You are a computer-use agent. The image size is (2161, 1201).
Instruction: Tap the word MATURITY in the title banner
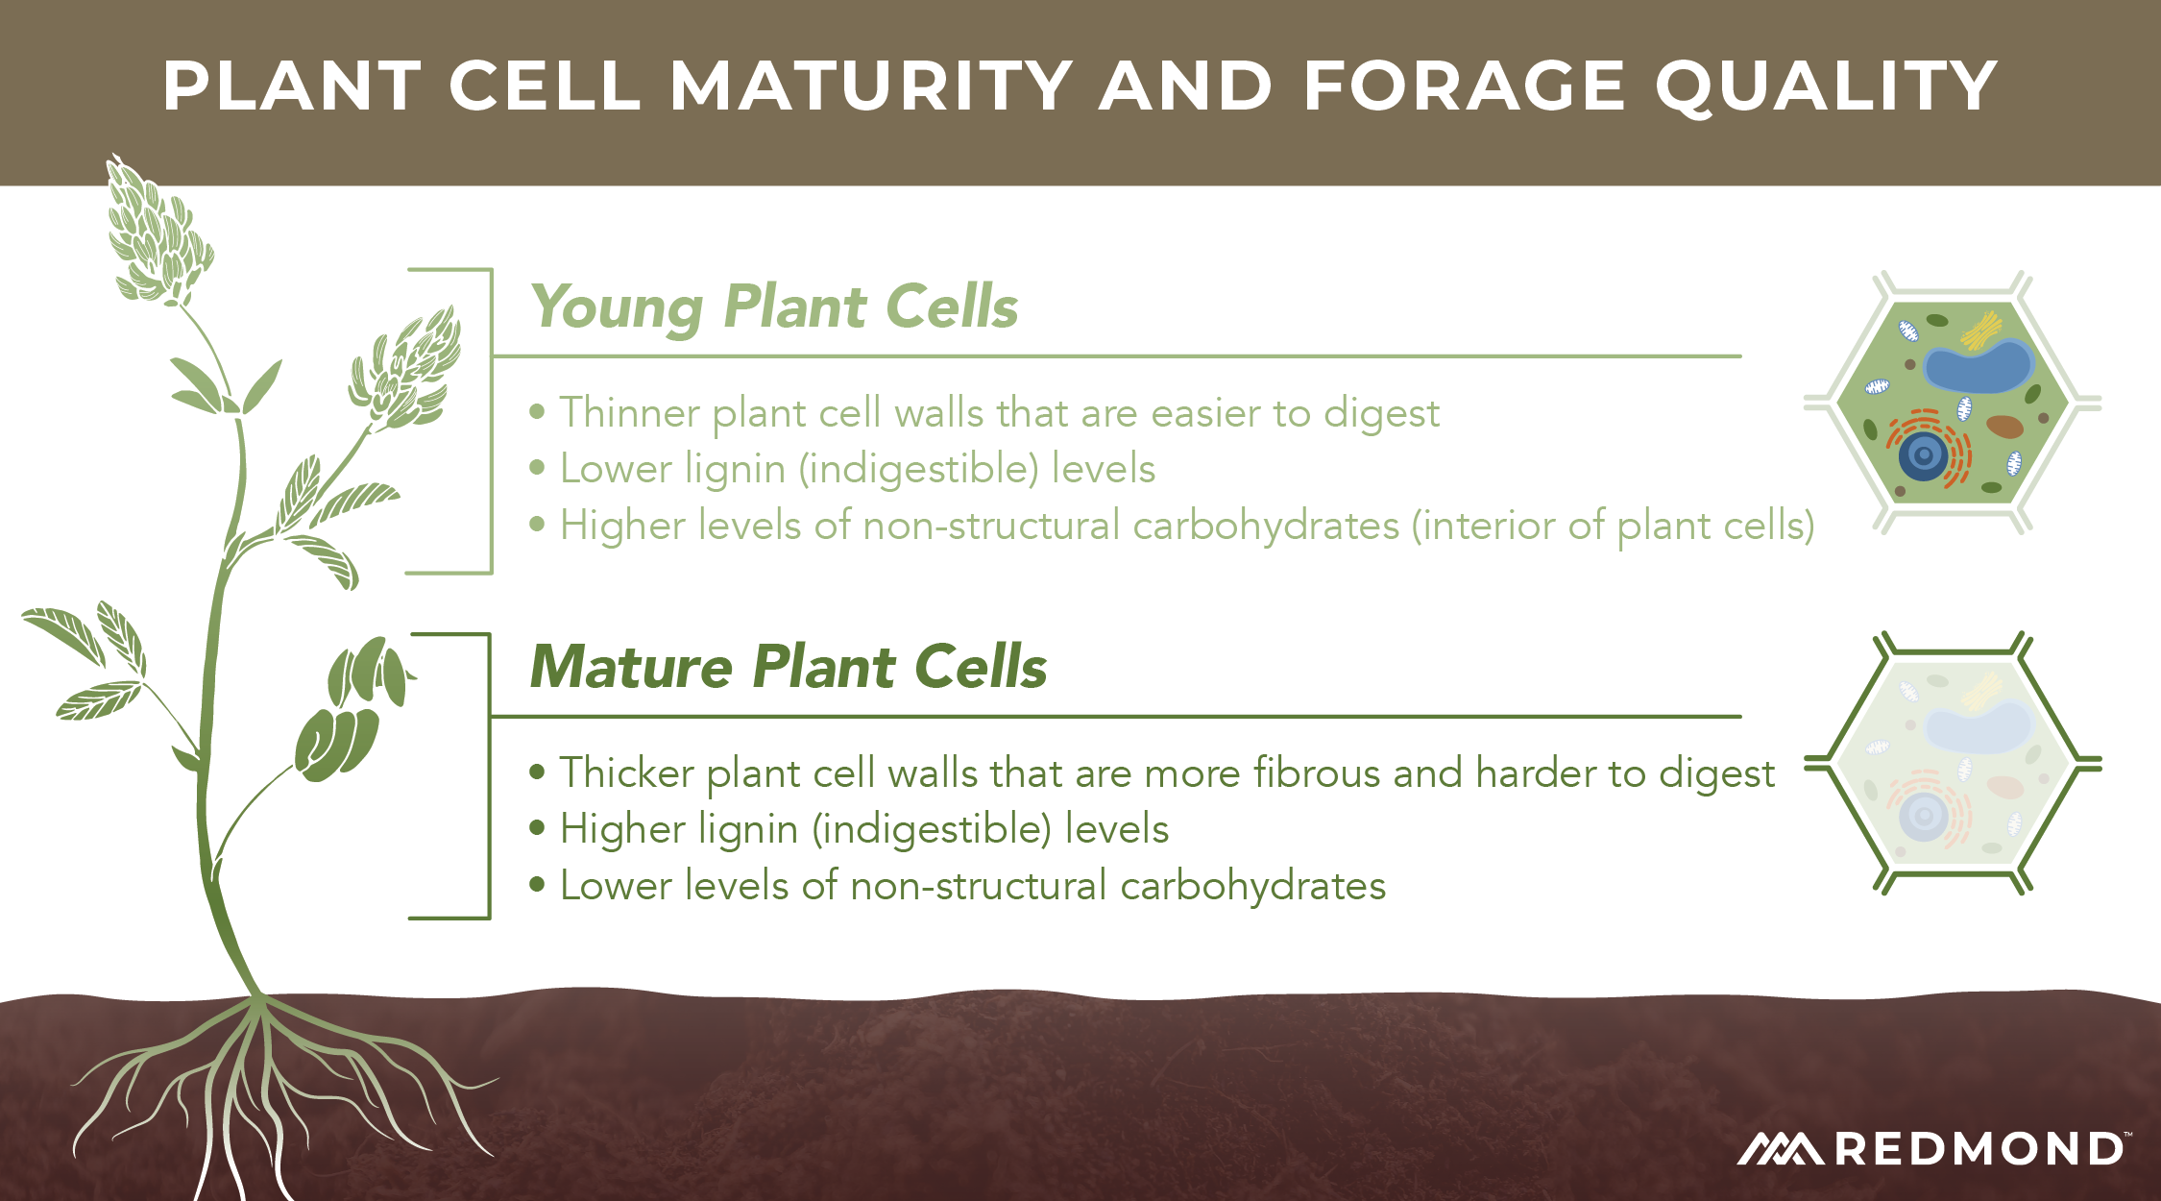click(x=871, y=86)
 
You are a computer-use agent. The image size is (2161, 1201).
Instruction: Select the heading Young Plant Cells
click(x=774, y=308)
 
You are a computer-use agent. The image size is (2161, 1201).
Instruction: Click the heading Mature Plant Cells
click(x=789, y=666)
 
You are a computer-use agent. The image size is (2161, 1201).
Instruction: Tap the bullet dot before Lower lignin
click(x=538, y=469)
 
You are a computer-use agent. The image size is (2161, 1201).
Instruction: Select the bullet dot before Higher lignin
click(x=538, y=828)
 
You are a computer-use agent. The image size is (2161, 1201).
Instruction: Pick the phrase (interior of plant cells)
click(x=1614, y=527)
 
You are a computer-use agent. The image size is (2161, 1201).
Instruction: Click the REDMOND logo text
click(x=1979, y=1149)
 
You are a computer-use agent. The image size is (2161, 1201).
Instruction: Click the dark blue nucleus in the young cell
click(x=1924, y=455)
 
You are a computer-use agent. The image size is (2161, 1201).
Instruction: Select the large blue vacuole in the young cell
click(x=1979, y=365)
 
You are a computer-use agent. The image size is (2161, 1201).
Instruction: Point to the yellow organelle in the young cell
click(x=1981, y=331)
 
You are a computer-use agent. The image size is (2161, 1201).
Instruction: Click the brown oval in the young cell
click(x=2004, y=426)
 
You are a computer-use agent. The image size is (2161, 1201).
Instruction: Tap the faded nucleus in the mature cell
click(x=1924, y=817)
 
